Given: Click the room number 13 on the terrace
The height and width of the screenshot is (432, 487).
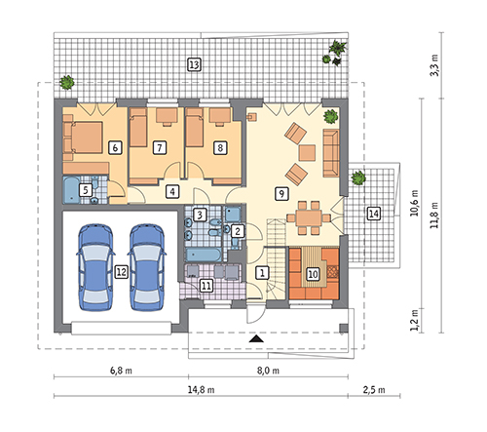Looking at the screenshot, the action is pyautogui.click(x=194, y=65).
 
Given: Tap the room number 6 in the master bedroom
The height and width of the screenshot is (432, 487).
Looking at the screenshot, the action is pyautogui.click(x=115, y=148).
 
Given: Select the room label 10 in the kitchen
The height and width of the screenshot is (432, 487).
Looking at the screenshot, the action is pyautogui.click(x=313, y=274).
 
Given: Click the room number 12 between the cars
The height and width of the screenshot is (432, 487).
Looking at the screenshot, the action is pyautogui.click(x=121, y=271).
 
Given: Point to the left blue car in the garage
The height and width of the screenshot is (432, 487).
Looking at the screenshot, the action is pyautogui.click(x=95, y=267).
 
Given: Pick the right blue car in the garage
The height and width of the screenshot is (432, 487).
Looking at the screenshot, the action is pyautogui.click(x=147, y=267).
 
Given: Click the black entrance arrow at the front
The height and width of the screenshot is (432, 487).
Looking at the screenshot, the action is pyautogui.click(x=257, y=339).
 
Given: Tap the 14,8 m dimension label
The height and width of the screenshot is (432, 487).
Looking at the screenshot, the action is pyautogui.click(x=201, y=389).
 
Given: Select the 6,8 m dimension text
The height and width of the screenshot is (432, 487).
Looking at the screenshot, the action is pyautogui.click(x=121, y=371).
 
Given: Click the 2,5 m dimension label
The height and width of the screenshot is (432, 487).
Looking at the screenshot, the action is pyautogui.click(x=374, y=389).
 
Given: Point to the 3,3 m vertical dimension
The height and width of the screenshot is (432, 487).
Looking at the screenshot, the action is pyautogui.click(x=434, y=65).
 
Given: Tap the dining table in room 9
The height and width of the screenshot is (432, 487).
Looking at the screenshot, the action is pyautogui.click(x=309, y=217).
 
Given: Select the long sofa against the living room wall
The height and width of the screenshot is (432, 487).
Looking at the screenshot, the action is pyautogui.click(x=331, y=153).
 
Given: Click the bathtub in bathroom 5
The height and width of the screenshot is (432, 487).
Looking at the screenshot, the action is pyautogui.click(x=71, y=189).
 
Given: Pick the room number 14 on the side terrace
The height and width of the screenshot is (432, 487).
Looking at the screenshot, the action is pyautogui.click(x=373, y=214).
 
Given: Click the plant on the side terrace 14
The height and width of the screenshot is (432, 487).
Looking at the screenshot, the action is pyautogui.click(x=358, y=177).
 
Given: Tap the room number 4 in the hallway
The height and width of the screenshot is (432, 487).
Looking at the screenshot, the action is pyautogui.click(x=172, y=191).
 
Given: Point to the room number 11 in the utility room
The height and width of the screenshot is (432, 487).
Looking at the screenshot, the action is pyautogui.click(x=206, y=286).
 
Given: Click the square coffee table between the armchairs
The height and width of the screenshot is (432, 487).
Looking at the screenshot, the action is pyautogui.click(x=307, y=153).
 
